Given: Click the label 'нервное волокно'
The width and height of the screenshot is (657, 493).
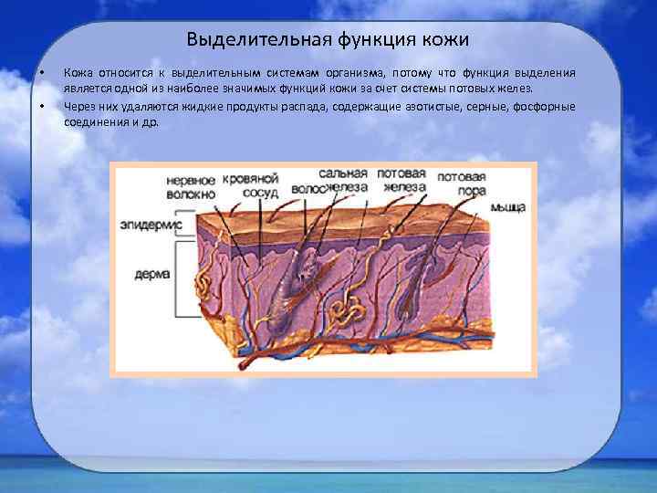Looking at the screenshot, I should [x=191, y=187].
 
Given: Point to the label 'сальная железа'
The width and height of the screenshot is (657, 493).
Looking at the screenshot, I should [x=343, y=180].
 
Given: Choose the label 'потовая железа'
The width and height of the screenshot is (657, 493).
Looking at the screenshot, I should [x=401, y=180].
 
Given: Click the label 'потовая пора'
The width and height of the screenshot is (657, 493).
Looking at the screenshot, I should [x=461, y=184].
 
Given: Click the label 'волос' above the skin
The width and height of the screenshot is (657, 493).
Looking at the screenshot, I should [x=306, y=188].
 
